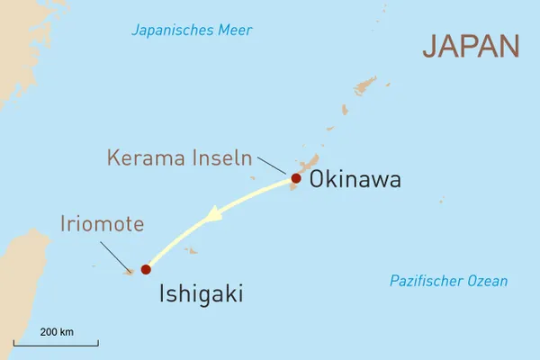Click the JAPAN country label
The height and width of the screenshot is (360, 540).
pyautogui.click(x=472, y=46)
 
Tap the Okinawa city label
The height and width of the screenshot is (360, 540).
pyautogui.click(x=355, y=180)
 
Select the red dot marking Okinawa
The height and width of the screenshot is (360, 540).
pyautogui.click(x=296, y=178)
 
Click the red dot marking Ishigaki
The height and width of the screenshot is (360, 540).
pyautogui.click(x=146, y=269)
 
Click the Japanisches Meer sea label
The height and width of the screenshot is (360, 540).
pyautogui.click(x=192, y=31)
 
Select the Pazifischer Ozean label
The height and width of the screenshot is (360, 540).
pyautogui.click(x=448, y=281)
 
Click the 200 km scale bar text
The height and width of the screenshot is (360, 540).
pyautogui.click(x=57, y=332)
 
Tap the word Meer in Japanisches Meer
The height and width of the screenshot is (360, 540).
pyautogui.click(x=234, y=31)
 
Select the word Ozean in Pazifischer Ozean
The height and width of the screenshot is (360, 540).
pyautogui.click(x=487, y=281)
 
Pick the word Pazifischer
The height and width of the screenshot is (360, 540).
pyautogui.click(x=426, y=281)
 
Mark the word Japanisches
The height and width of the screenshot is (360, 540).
pyautogui.click(x=171, y=31)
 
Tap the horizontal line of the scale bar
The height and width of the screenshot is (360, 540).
pyautogui.click(x=56, y=343)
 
